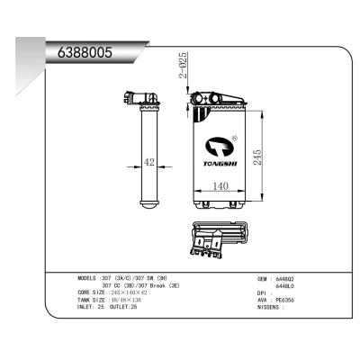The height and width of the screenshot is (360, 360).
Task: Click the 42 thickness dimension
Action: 150,164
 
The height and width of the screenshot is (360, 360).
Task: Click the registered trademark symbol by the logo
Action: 235,139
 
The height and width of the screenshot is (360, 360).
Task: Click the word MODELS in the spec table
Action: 92,279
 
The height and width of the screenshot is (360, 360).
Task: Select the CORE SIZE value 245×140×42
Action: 132,293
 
